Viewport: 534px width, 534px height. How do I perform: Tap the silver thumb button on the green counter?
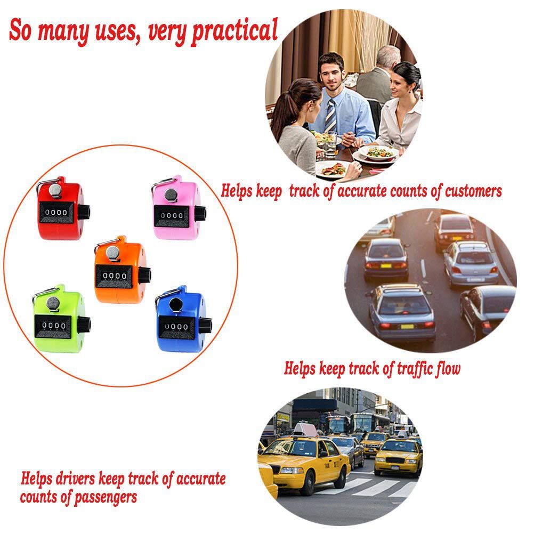53,304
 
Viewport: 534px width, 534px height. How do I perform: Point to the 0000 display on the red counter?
56,212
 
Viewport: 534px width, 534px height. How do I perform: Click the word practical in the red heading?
234,31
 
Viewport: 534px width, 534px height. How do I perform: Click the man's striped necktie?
330,115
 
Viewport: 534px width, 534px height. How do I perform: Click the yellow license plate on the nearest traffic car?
407,326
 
